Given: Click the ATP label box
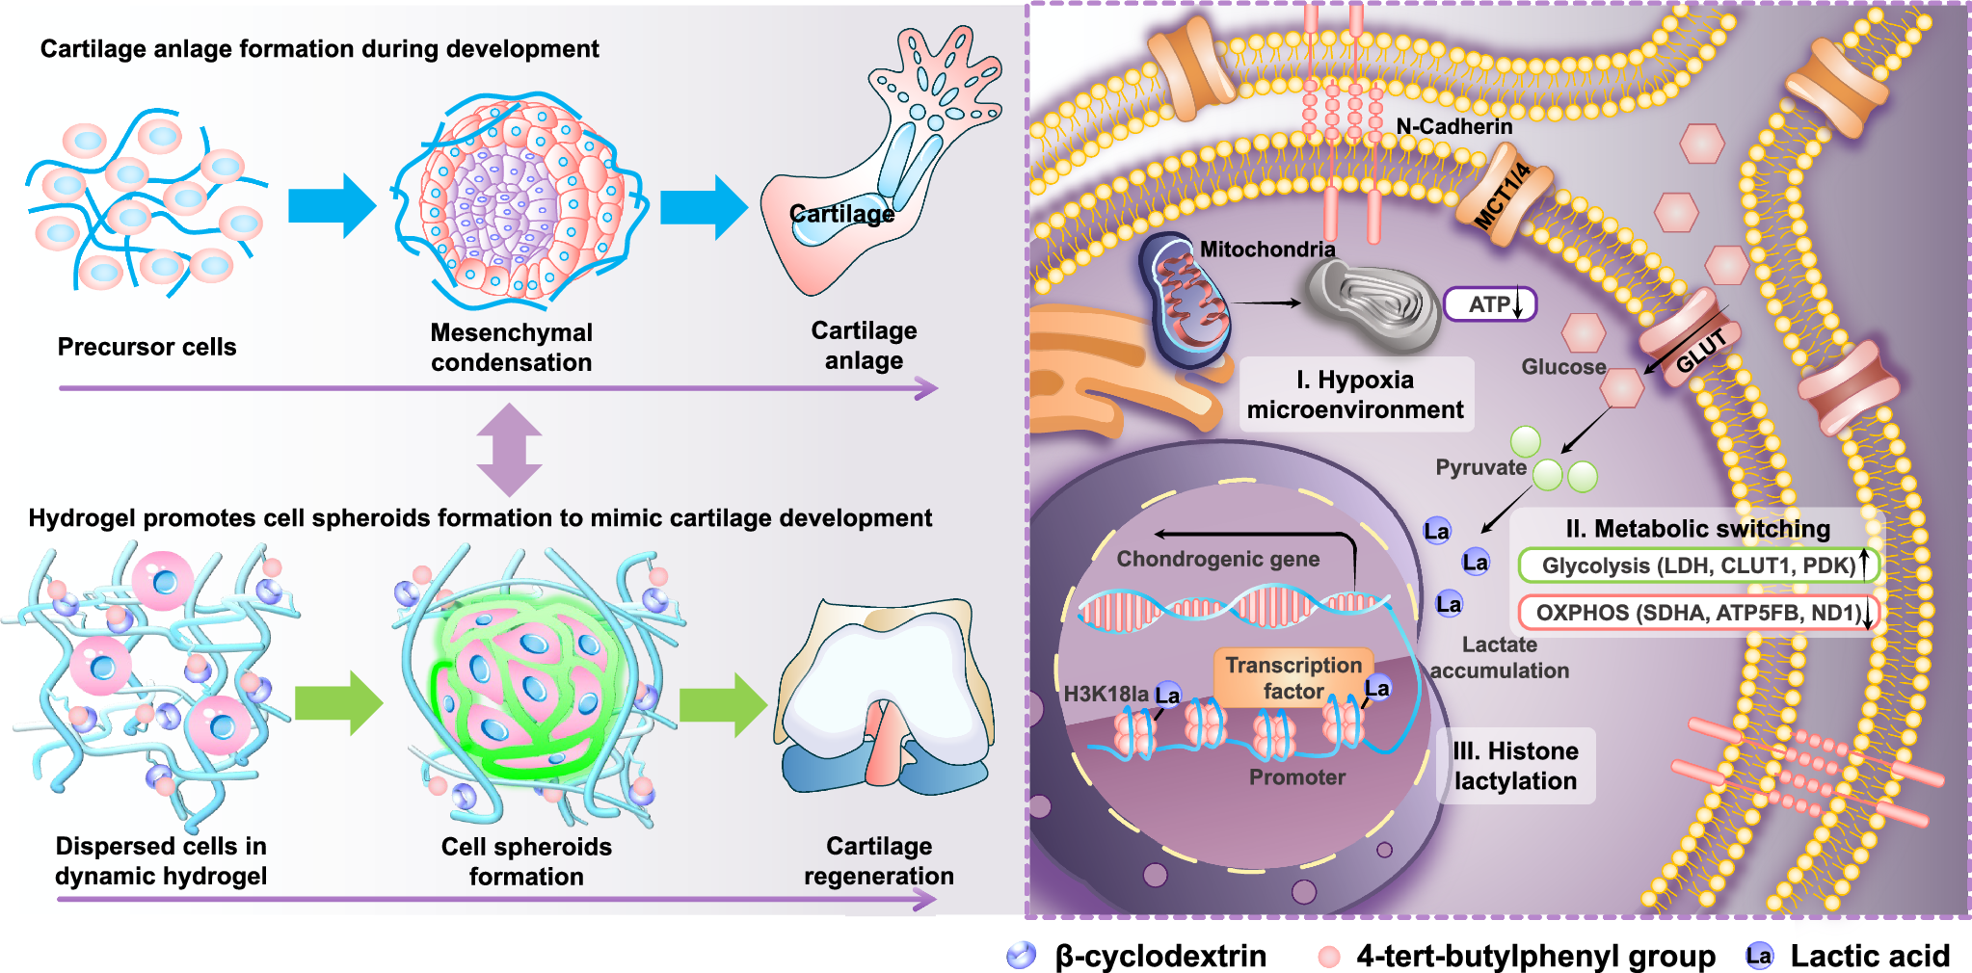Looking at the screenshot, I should coord(1489,304).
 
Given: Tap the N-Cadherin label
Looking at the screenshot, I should coord(1453,126).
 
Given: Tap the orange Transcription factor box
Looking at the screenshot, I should coord(1292,677).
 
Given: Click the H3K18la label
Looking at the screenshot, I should coord(1105,694).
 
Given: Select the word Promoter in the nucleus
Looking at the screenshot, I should coord(1296,777).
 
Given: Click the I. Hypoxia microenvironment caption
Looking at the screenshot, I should coord(1355,394).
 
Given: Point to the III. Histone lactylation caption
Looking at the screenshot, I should coord(1515,766).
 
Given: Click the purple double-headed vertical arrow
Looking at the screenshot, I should coord(509,450).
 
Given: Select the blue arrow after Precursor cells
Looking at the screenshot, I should coord(332,206).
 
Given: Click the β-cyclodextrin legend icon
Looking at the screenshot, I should coord(1021,956).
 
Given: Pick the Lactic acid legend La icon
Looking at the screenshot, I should coord(1758,956).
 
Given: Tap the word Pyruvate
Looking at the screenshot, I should coord(1480,467).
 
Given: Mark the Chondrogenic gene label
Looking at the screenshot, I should coord(1217,559).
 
